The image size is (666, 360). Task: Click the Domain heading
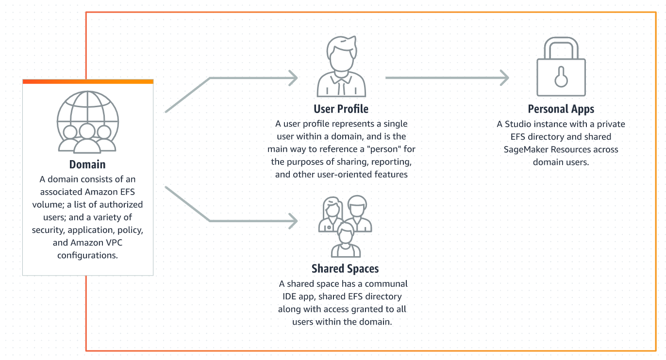[x=87, y=164]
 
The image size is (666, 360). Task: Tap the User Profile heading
[x=341, y=109]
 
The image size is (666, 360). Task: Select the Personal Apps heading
[x=561, y=109]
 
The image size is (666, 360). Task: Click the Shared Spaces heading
[x=345, y=269]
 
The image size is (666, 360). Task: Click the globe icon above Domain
[x=88, y=122]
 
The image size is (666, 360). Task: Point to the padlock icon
[x=561, y=66]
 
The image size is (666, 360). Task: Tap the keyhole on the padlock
[x=561, y=77]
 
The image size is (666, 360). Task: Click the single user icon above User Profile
[x=341, y=66]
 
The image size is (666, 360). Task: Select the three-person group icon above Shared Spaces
[x=345, y=226]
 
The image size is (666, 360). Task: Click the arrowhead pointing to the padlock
[x=504, y=78]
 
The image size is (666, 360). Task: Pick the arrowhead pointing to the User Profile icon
[x=294, y=78]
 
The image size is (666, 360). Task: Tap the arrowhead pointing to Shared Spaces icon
[x=294, y=221]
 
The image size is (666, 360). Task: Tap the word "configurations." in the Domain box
[x=87, y=255]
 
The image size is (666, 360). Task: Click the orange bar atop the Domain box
[x=88, y=82]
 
